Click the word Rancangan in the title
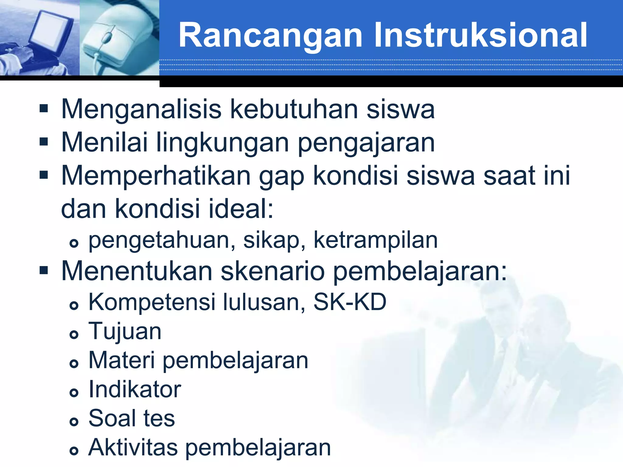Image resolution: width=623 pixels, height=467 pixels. point(270,36)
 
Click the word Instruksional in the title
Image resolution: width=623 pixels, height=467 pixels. point(480,35)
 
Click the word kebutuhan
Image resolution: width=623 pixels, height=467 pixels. point(294,109)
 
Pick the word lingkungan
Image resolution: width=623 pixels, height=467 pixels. point(222,143)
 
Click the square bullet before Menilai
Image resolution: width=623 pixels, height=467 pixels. point(44,142)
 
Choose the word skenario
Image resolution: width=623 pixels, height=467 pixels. point(273,271)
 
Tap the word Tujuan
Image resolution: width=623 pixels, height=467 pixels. point(125,331)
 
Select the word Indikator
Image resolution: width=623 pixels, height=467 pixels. point(135,389)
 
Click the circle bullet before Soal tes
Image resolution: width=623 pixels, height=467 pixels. point(74,421)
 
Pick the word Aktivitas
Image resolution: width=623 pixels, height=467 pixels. point(133,448)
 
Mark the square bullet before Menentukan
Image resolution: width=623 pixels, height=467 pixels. point(44,270)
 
